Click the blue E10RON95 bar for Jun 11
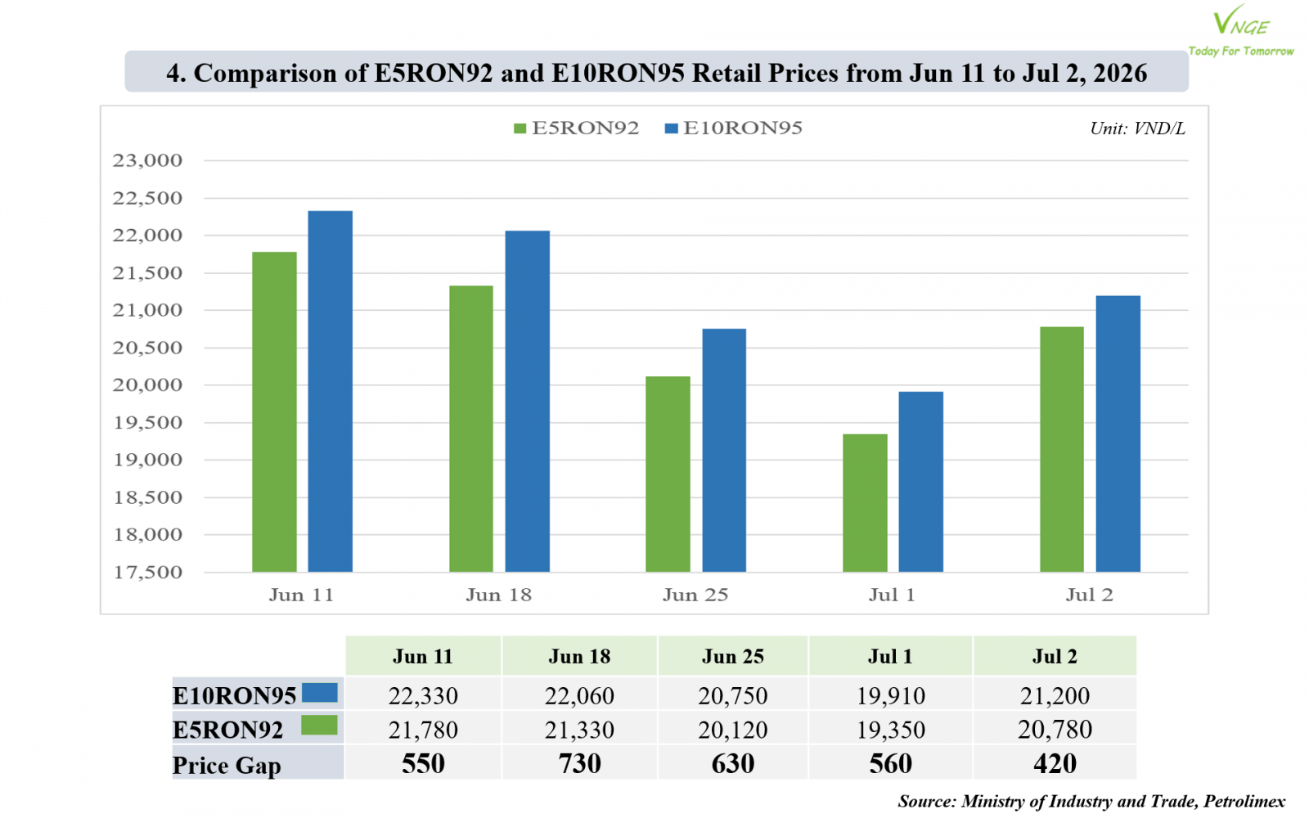[331, 392]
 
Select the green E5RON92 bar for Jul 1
[865, 503]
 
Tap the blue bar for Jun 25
[724, 451]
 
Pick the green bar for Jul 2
[1062, 449]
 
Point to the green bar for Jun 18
[471, 429]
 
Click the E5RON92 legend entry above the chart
[576, 128]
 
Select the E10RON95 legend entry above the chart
[733, 128]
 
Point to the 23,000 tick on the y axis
[147, 160]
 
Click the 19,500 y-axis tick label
[147, 422]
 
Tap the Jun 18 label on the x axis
[498, 595]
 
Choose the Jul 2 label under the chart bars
[1089, 595]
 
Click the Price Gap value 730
[580, 764]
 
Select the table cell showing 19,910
[891, 696]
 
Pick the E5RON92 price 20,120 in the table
[733, 730]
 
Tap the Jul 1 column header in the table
[890, 656]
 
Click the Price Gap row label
[227, 765]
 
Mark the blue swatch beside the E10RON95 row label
[320, 692]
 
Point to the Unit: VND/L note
[1137, 128]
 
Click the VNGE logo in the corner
[1241, 30]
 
